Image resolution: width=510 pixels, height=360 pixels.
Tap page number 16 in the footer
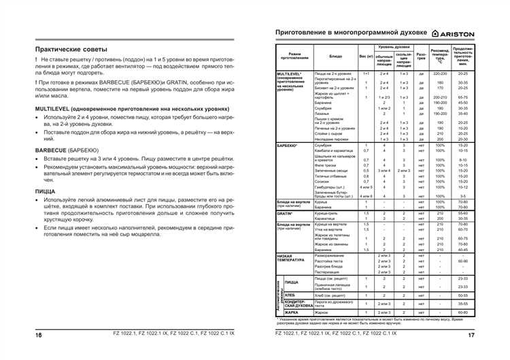[39, 334]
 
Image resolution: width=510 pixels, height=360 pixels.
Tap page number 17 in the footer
[471, 334]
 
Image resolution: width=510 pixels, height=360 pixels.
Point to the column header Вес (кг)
[366, 56]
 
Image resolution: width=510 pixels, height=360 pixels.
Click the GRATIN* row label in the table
[284, 214]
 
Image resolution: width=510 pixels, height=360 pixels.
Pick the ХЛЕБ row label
[290, 295]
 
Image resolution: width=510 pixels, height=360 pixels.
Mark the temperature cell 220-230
[439, 73]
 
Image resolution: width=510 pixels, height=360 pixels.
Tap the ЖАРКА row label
[292, 312]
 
